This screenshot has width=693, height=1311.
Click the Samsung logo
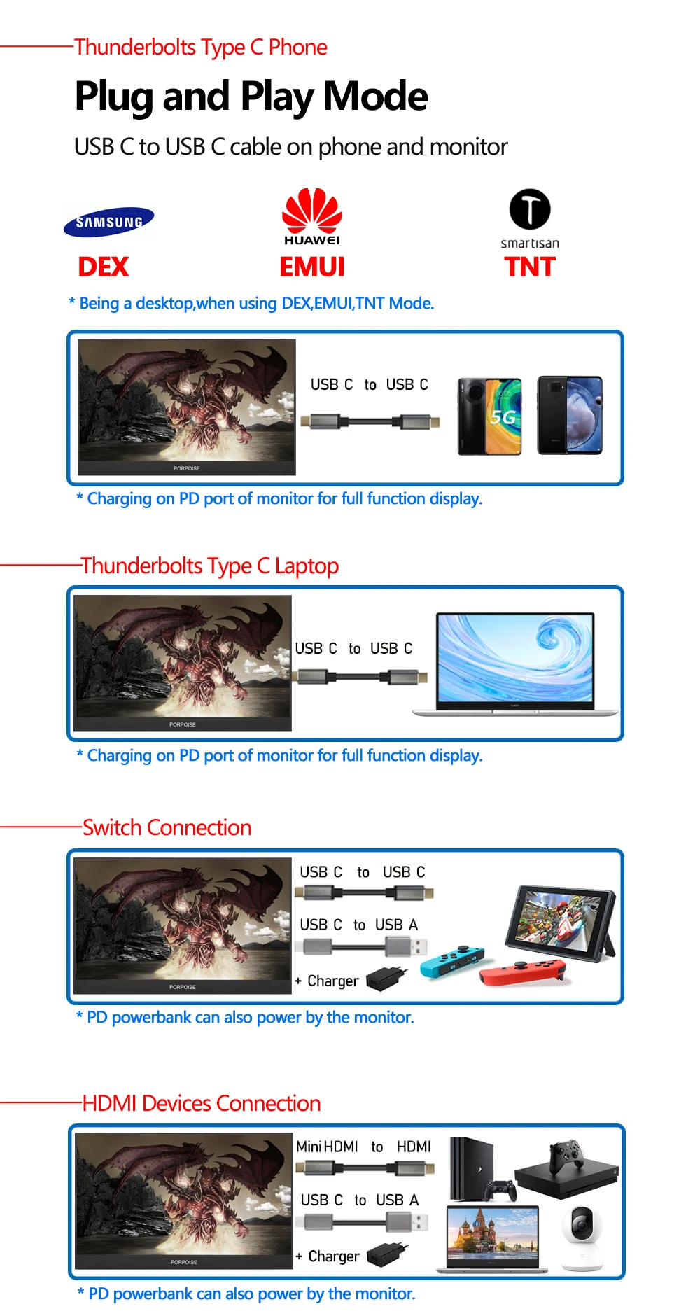click(x=108, y=222)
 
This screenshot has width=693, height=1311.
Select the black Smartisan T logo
click(x=530, y=209)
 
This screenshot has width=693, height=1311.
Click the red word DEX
click(x=104, y=267)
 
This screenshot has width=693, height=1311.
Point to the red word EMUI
click(x=312, y=267)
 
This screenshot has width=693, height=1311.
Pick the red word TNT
click(x=530, y=267)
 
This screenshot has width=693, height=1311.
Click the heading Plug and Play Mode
click(x=251, y=97)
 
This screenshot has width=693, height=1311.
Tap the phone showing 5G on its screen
click(x=490, y=416)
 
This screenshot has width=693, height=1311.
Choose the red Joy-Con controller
click(x=523, y=972)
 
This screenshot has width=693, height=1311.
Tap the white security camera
click(x=582, y=1237)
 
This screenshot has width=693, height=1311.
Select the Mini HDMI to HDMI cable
click(x=365, y=1168)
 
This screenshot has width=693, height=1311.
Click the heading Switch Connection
click(x=167, y=827)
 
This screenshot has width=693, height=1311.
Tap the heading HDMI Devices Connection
click(x=202, y=1103)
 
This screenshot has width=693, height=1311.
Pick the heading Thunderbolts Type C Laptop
click(x=210, y=566)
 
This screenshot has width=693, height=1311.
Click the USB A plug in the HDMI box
click(x=407, y=1222)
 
